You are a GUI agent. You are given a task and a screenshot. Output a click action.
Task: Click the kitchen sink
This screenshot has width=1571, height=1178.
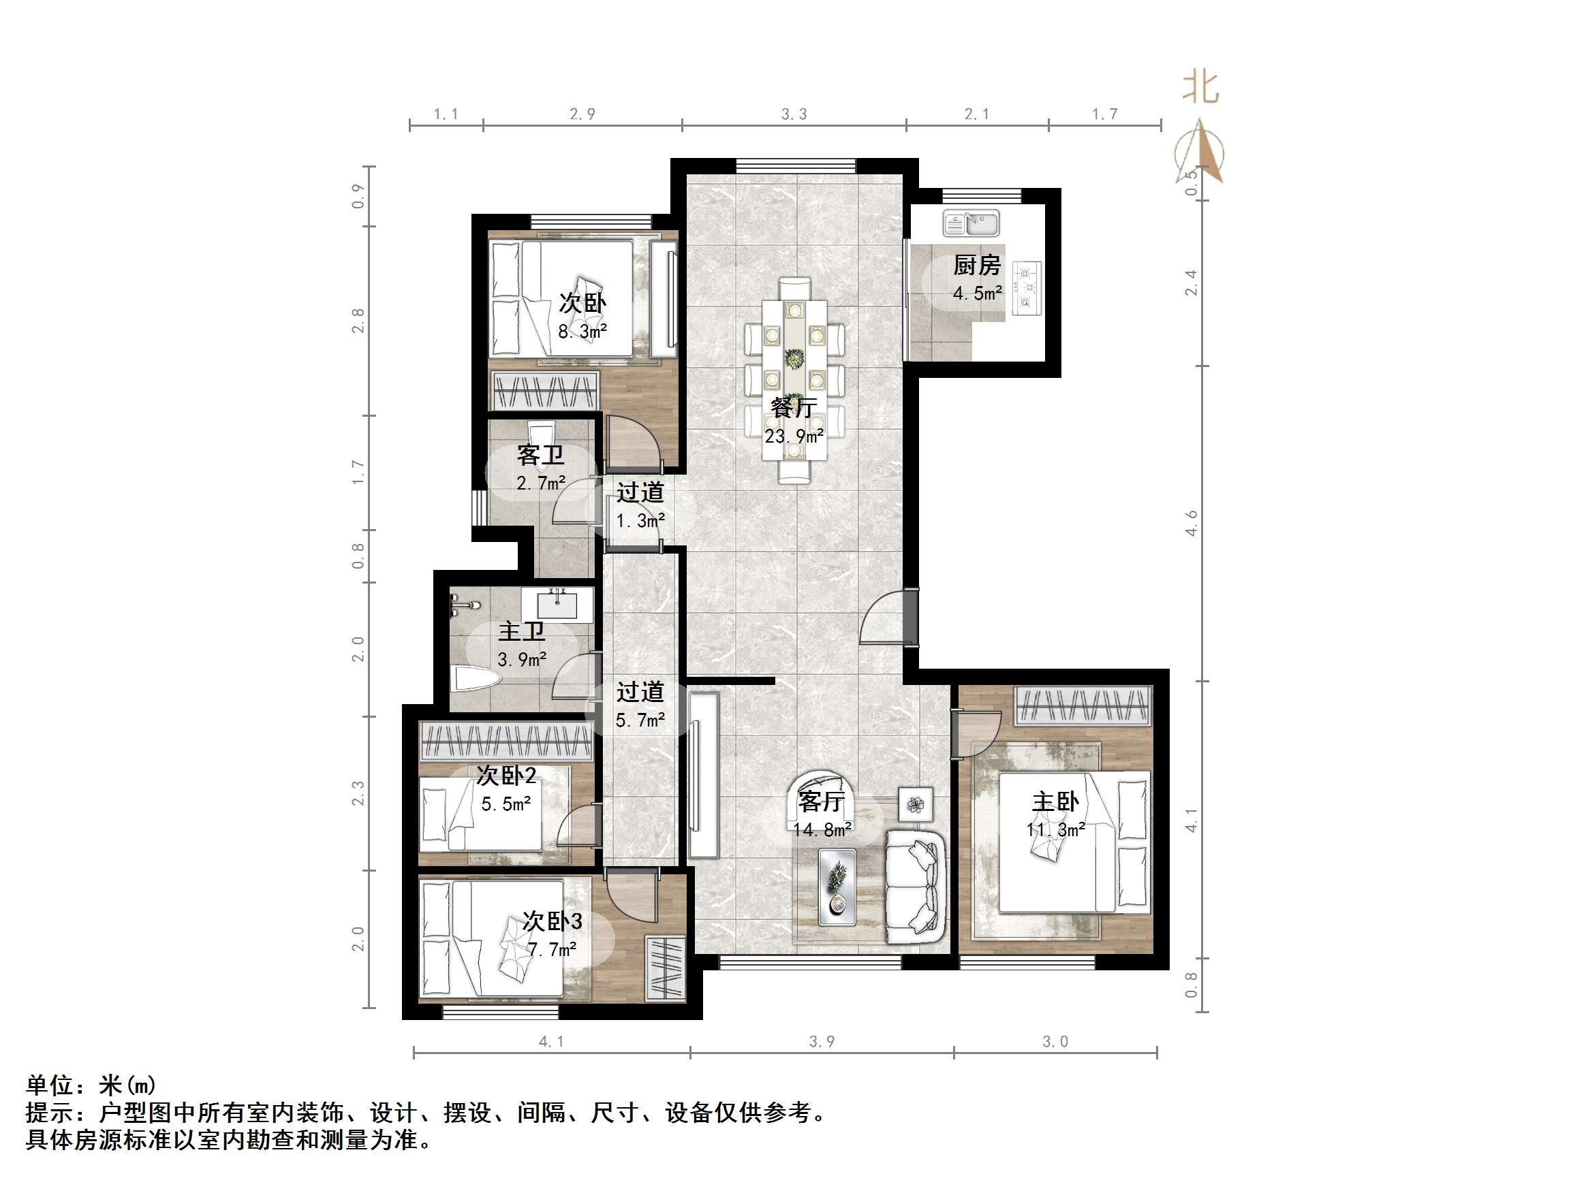coord(971,223)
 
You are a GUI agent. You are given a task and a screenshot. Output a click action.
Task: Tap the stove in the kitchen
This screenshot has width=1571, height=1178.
coord(1026,287)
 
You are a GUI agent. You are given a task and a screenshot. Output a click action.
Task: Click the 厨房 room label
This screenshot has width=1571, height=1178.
coord(976,266)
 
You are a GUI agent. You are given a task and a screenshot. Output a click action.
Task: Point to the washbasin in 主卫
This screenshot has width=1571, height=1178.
coord(557,604)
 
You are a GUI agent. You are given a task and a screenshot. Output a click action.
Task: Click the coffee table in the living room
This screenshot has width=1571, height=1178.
coord(837,887)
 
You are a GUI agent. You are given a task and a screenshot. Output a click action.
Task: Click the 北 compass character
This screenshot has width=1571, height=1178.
coord(1200,88)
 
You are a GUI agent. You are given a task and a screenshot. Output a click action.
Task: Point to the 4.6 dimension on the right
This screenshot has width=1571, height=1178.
coord(1191,524)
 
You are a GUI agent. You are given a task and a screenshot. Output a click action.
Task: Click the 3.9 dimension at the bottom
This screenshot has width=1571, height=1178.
coord(822,1042)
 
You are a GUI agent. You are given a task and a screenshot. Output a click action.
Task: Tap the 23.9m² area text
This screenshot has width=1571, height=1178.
coord(794,436)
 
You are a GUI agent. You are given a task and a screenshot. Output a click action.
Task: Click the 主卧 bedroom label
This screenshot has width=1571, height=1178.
coord(1055,801)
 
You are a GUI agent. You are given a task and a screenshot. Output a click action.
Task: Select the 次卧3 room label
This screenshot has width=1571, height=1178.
coord(552,921)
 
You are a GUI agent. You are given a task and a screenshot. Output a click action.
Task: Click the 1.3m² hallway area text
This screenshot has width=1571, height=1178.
coord(640,520)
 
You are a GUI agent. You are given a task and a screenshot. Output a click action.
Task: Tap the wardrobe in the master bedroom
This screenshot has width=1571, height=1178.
coord(1083,705)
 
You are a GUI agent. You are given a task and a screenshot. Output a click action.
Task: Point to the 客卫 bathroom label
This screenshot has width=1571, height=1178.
coord(540,454)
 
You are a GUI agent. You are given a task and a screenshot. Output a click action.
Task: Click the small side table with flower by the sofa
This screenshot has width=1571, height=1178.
coord(916,804)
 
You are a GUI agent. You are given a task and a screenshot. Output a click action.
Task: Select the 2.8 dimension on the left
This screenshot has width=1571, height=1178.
coord(358,320)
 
